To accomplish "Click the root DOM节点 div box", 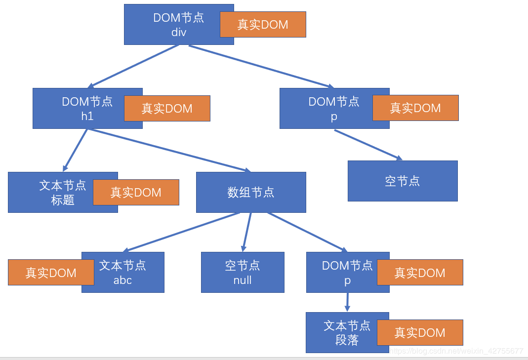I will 170,25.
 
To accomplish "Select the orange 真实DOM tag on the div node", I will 263,25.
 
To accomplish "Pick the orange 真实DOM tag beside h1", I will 167,109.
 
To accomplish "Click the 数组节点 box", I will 251,193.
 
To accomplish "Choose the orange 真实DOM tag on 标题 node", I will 136,193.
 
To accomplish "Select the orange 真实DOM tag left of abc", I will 51,273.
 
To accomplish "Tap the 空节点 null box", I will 243,273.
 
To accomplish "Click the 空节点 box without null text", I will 403,181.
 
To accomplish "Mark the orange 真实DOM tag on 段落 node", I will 420,332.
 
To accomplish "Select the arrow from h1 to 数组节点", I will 168,150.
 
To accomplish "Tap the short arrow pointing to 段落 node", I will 347,302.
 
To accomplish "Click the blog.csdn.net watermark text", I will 456,351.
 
